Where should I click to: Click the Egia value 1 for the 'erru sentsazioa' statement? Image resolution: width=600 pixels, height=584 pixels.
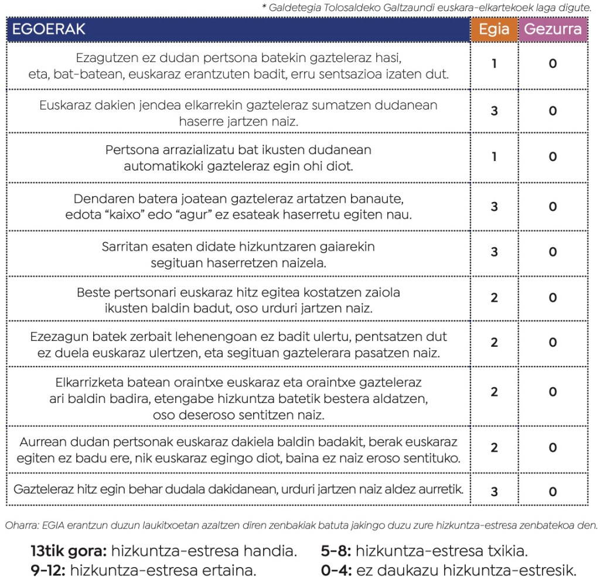click(x=494, y=63)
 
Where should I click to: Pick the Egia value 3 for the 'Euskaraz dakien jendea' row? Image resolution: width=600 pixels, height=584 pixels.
click(x=494, y=111)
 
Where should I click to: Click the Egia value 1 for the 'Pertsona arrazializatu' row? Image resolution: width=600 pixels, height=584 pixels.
click(x=494, y=157)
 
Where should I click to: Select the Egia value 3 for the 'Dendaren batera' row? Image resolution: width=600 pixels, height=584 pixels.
click(x=494, y=206)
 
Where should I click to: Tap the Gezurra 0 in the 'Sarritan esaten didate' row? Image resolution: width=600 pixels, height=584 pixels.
click(x=553, y=252)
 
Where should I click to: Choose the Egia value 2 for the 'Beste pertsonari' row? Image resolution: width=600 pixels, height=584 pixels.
click(x=494, y=298)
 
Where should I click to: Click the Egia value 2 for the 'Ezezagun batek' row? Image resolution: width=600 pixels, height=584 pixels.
click(x=494, y=343)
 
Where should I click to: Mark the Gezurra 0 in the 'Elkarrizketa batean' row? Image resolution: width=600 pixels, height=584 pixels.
click(x=553, y=392)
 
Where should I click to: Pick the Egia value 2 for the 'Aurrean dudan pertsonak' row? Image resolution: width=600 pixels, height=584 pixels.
click(x=494, y=448)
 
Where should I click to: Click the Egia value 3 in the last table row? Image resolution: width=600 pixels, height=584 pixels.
click(x=494, y=491)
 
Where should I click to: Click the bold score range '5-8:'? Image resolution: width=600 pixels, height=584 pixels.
click(x=336, y=551)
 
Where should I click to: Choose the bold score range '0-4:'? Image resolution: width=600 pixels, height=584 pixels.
click(x=336, y=570)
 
